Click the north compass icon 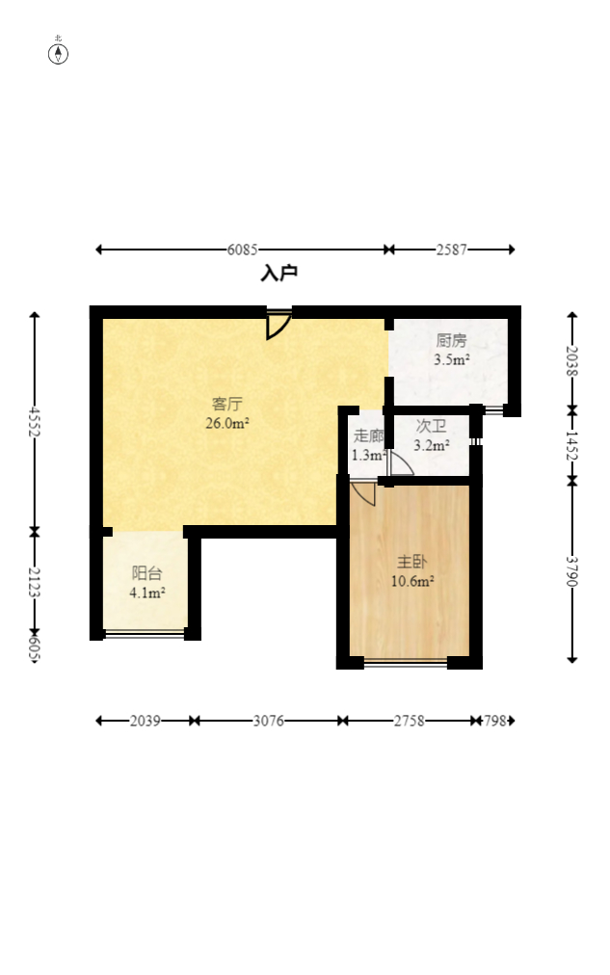[x=59, y=53]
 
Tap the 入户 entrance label [x=278, y=274]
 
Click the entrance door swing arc [x=278, y=326]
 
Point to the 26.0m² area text [x=227, y=422]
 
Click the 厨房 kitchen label [x=451, y=341]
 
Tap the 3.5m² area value [x=451, y=359]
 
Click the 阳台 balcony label [x=147, y=573]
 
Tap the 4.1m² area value [x=147, y=593]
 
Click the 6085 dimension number [x=243, y=250]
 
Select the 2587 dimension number [x=451, y=250]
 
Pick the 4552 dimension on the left [x=35, y=422]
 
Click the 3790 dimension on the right [x=572, y=571]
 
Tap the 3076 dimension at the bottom [x=268, y=721]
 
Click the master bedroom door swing [x=363, y=493]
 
